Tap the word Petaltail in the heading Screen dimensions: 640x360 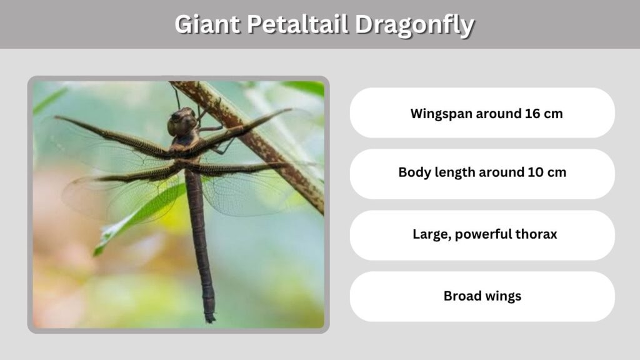tap(297, 24)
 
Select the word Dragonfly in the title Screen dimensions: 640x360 tap(415, 26)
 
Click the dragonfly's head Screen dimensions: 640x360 tap(182, 122)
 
